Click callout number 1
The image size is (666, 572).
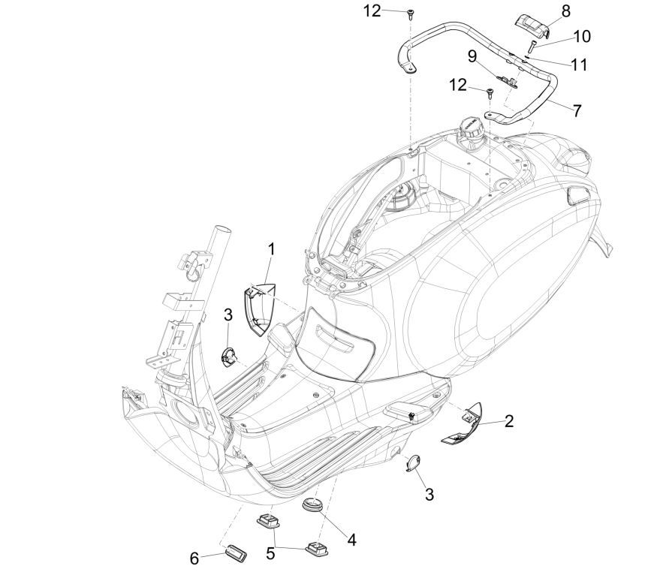click(x=272, y=247)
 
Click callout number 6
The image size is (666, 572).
click(x=194, y=558)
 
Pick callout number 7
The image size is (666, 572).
click(x=577, y=110)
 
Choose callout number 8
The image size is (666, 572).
click(x=565, y=11)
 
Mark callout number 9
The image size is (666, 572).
click(x=472, y=56)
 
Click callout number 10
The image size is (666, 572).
click(x=582, y=36)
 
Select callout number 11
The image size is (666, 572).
click(x=578, y=65)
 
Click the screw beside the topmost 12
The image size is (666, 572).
click(x=411, y=14)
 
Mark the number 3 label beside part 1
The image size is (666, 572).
click(x=228, y=314)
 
